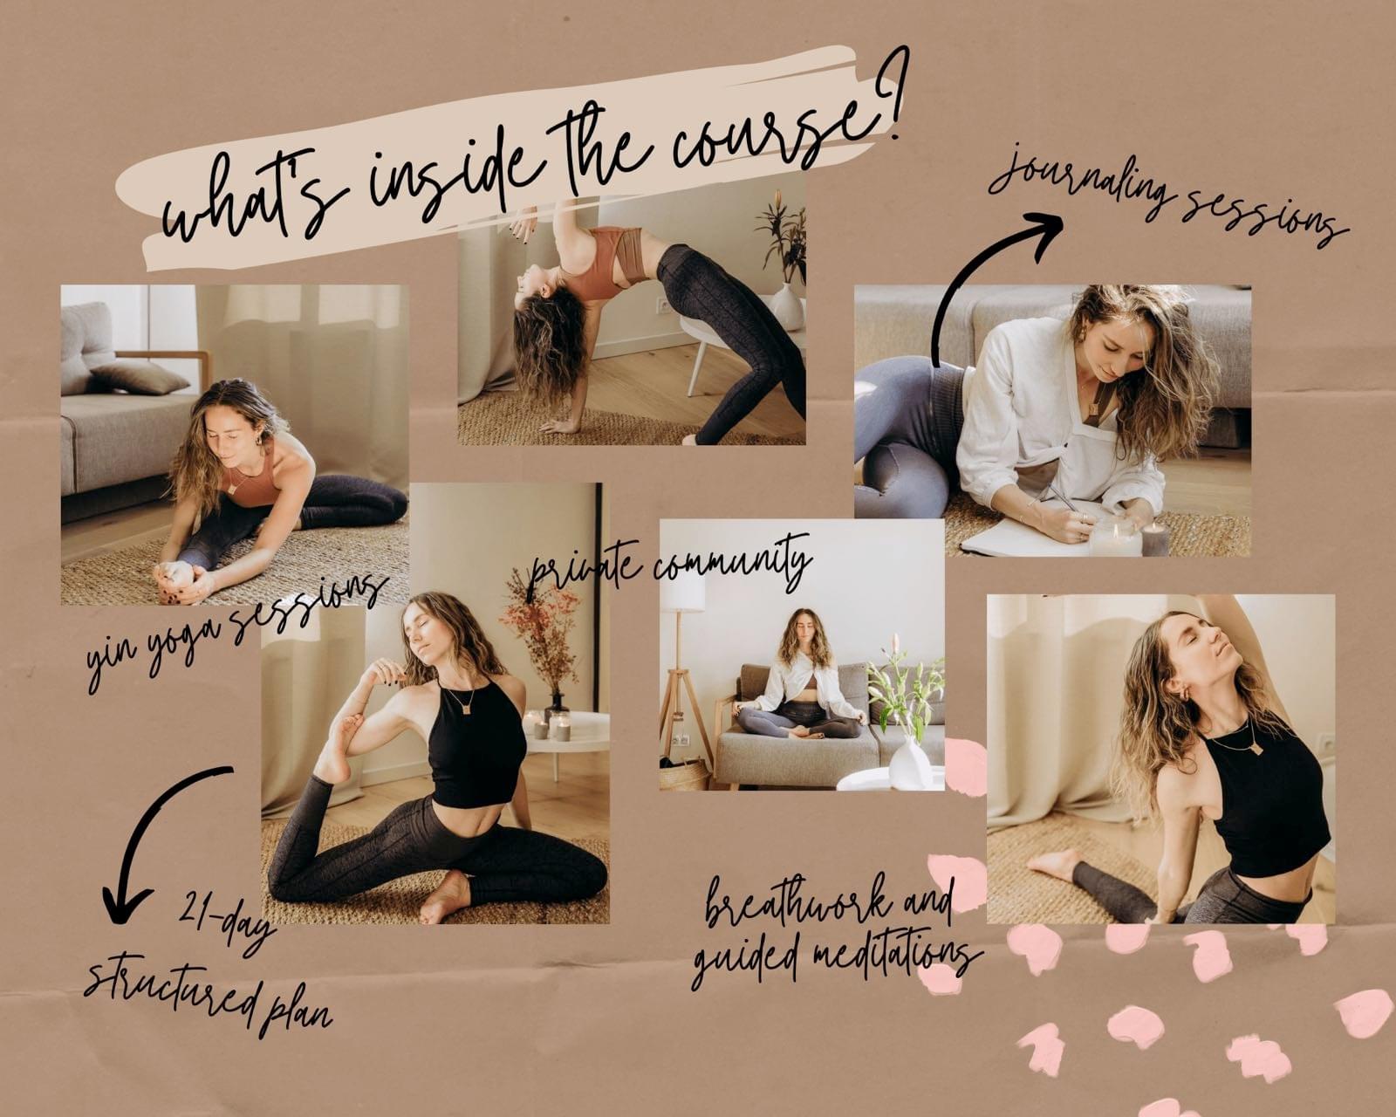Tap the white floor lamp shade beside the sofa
[684, 592]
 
